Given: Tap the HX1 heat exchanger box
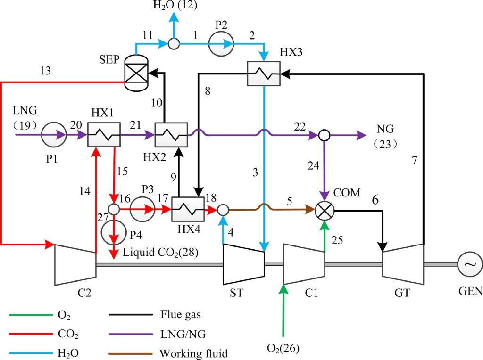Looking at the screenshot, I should pyautogui.click(x=102, y=135).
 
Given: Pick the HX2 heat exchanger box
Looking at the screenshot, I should pyautogui.click(x=172, y=135).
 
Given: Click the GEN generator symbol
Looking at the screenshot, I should pyautogui.click(x=470, y=264).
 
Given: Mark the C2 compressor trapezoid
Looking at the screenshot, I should pyautogui.click(x=75, y=264).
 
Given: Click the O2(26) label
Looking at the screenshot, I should pyautogui.click(x=283, y=349).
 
